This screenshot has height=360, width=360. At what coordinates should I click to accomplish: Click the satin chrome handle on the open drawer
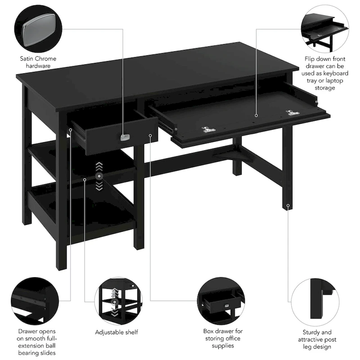(125, 137)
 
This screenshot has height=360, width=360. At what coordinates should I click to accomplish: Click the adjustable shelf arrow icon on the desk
(99, 176)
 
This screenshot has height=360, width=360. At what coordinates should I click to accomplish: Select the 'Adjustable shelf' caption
(117, 332)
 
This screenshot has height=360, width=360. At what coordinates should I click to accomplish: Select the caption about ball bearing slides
(34, 342)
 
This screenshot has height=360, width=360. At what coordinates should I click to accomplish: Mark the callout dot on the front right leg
(288, 206)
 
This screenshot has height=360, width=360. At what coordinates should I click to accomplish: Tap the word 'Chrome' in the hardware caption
(47, 58)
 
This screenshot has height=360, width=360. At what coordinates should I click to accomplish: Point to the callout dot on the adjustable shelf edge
(85, 180)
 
